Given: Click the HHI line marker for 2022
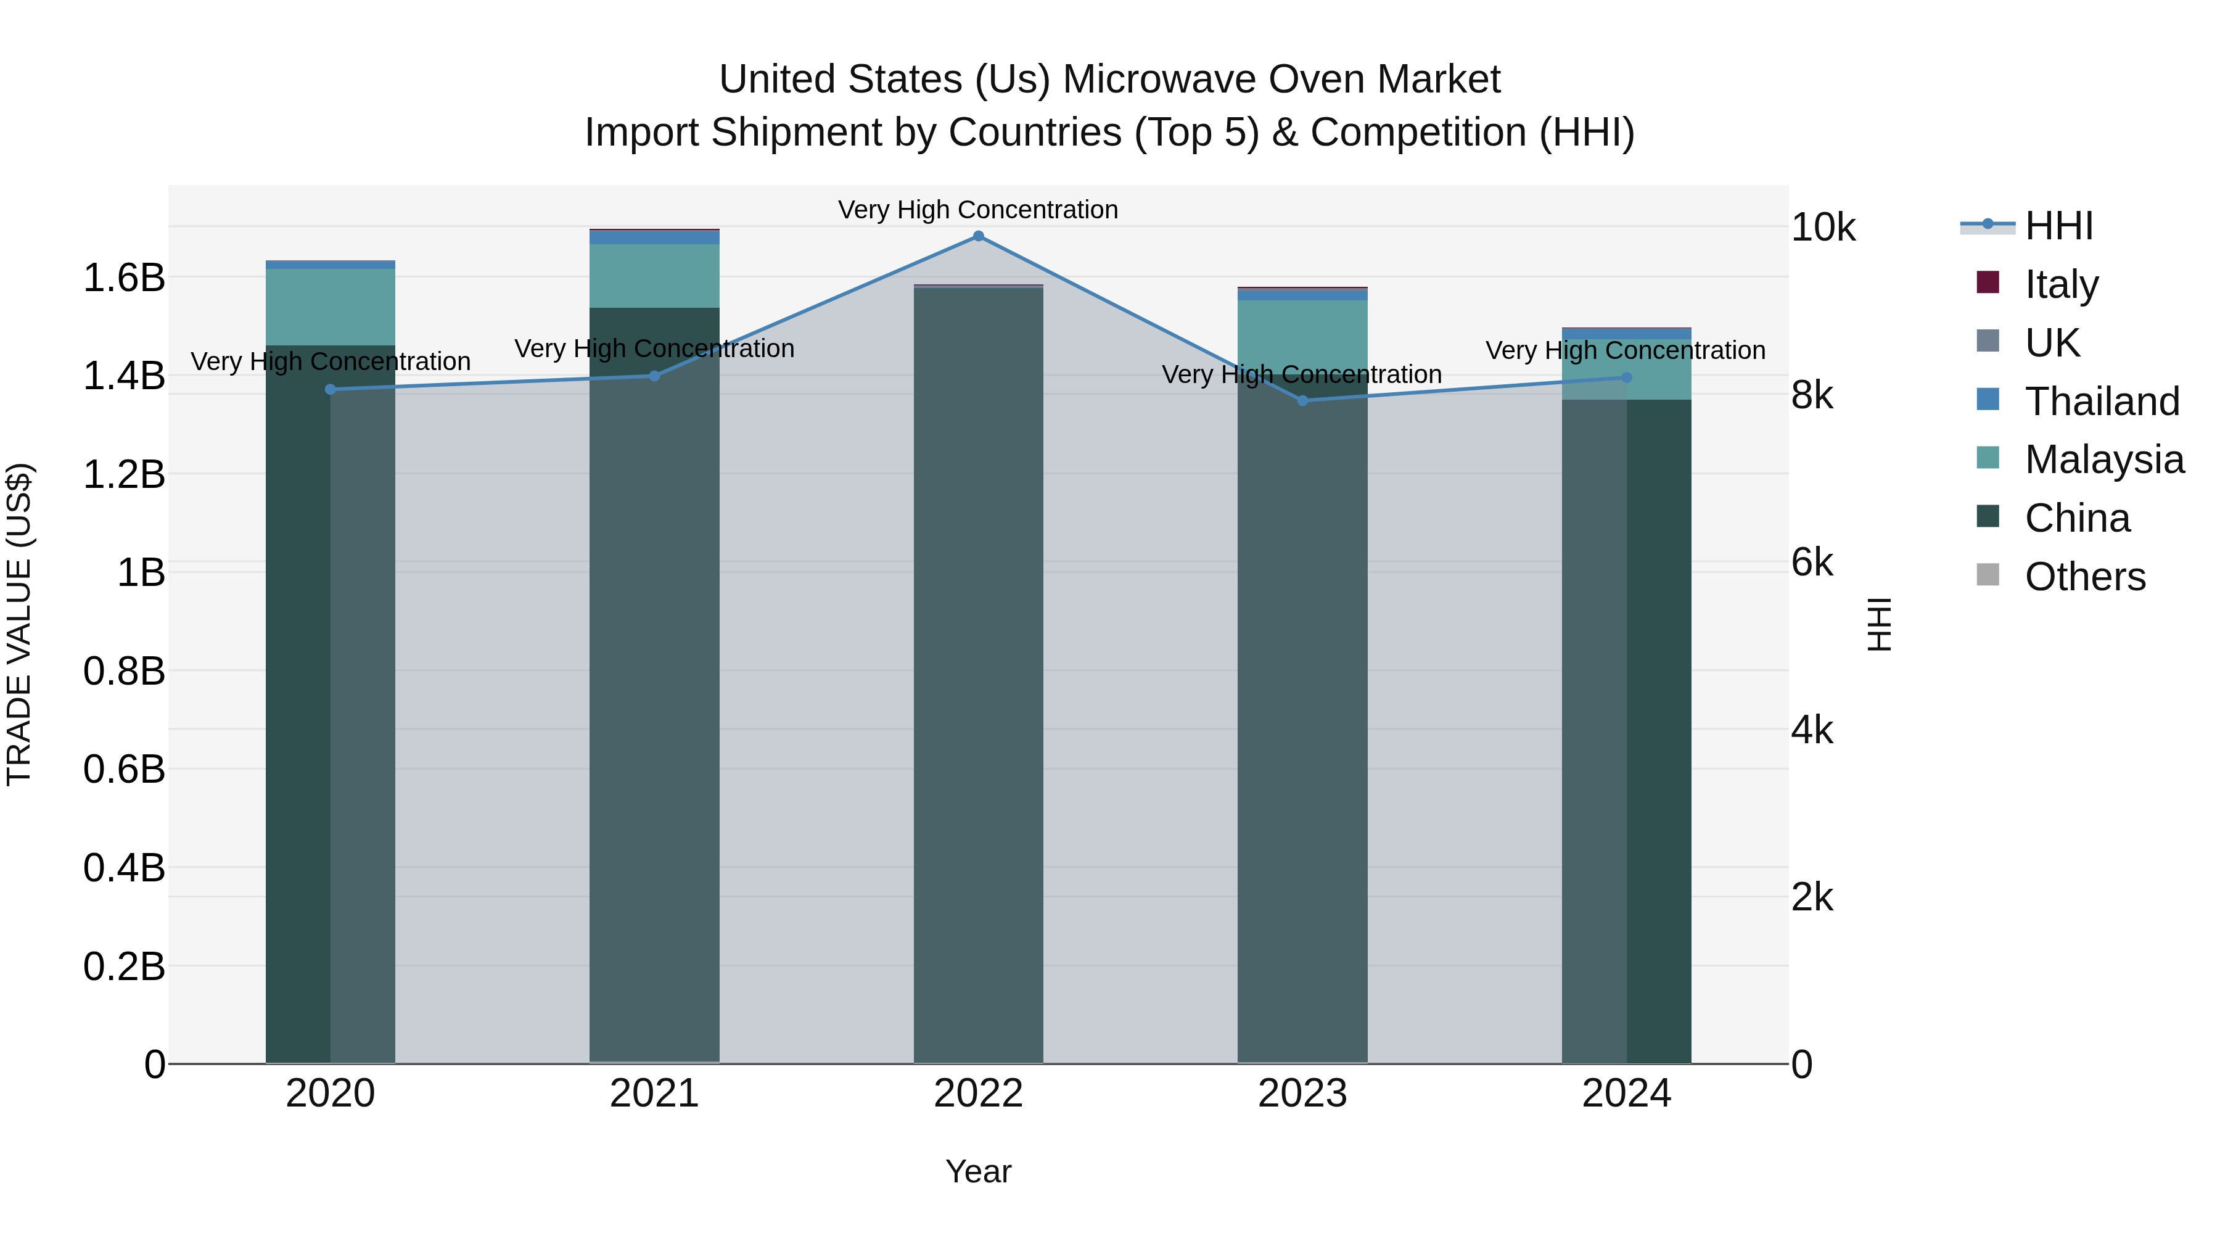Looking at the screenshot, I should coord(978,236).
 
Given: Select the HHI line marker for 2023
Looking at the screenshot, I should coord(1302,401).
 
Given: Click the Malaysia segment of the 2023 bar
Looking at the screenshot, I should coord(1302,336).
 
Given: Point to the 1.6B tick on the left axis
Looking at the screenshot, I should coord(124,278).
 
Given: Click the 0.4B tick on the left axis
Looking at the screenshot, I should coord(124,868).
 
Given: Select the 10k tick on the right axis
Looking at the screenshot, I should coord(1823,228).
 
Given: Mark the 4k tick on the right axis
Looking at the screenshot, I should coord(1812,731).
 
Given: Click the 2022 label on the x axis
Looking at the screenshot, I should coord(978,1094).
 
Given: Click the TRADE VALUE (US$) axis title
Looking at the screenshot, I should coord(19,624).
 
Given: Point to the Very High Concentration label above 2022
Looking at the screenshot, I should coord(978,210).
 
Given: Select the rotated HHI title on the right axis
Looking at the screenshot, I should coord(1879,624).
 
